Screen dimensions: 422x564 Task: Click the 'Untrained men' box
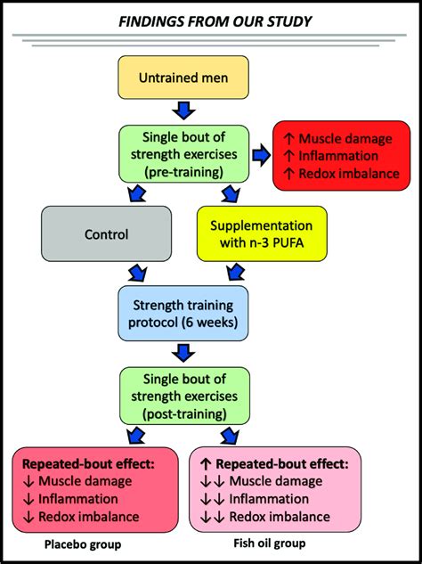(183, 78)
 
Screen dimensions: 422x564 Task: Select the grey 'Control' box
(107, 233)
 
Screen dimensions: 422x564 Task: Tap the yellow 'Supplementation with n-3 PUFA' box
(262, 233)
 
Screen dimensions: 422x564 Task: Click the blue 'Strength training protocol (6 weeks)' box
(183, 314)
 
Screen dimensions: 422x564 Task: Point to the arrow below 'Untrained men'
(183, 110)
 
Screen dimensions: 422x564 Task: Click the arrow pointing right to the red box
(262, 156)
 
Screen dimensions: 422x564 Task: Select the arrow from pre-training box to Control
(136, 193)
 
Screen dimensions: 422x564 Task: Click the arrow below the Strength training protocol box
(183, 353)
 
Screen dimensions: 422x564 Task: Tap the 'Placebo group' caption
(83, 544)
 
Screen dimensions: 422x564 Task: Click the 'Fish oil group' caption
(270, 543)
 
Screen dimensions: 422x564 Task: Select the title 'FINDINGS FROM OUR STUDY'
(215, 22)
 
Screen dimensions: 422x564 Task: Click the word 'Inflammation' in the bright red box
(338, 156)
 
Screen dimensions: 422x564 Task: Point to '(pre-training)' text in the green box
(183, 172)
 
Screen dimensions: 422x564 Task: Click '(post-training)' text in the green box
(184, 413)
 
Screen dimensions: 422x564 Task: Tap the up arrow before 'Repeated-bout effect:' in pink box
(205, 464)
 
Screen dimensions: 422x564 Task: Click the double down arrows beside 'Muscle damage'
(213, 482)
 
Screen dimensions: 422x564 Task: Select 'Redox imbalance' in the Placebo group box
(89, 517)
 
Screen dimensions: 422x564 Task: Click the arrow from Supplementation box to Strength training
(236, 273)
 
